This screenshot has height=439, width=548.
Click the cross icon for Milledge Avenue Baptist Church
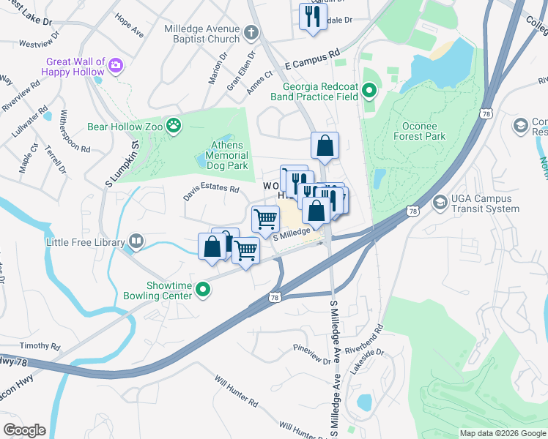251,33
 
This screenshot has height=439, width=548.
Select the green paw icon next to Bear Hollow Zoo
174,126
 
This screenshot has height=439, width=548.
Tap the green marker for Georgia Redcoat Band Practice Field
369,91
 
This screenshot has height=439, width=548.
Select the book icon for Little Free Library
136,240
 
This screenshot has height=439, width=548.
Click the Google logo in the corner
24,429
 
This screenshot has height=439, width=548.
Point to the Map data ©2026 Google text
502,433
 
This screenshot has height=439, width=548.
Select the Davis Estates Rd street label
212,190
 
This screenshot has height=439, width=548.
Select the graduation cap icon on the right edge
521,126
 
